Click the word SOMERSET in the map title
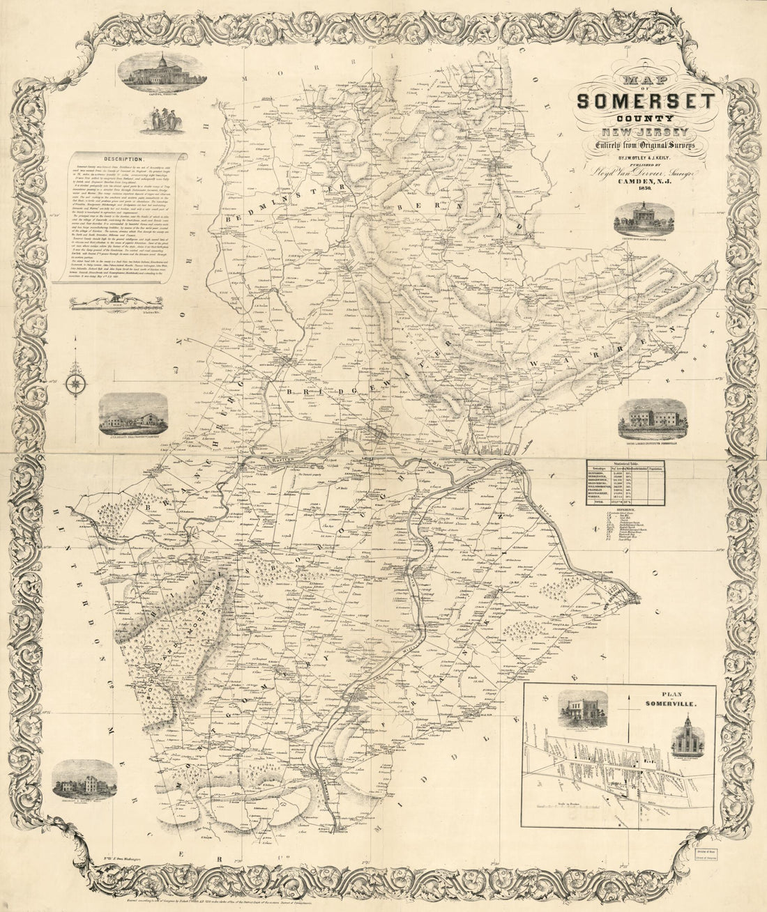click(x=645, y=103)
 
